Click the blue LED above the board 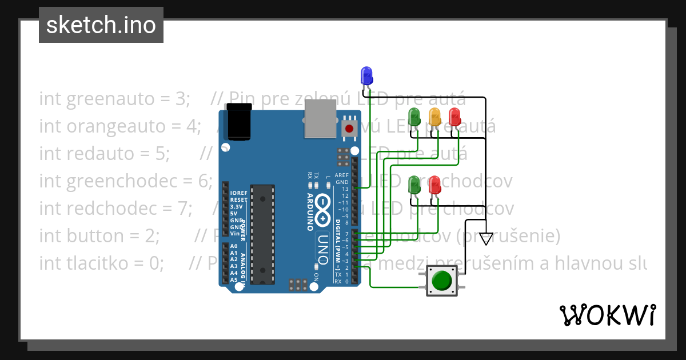pos(366,75)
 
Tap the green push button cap pos(441,281)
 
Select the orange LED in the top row pos(434,117)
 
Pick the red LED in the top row pos(454,117)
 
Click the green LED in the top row pos(414,117)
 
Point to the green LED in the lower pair pos(414,185)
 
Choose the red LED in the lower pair pos(434,185)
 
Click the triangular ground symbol pos(486,238)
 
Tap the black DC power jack pos(239,121)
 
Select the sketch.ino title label pos(101,25)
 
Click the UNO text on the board pos(322,250)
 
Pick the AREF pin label pos(341,175)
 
